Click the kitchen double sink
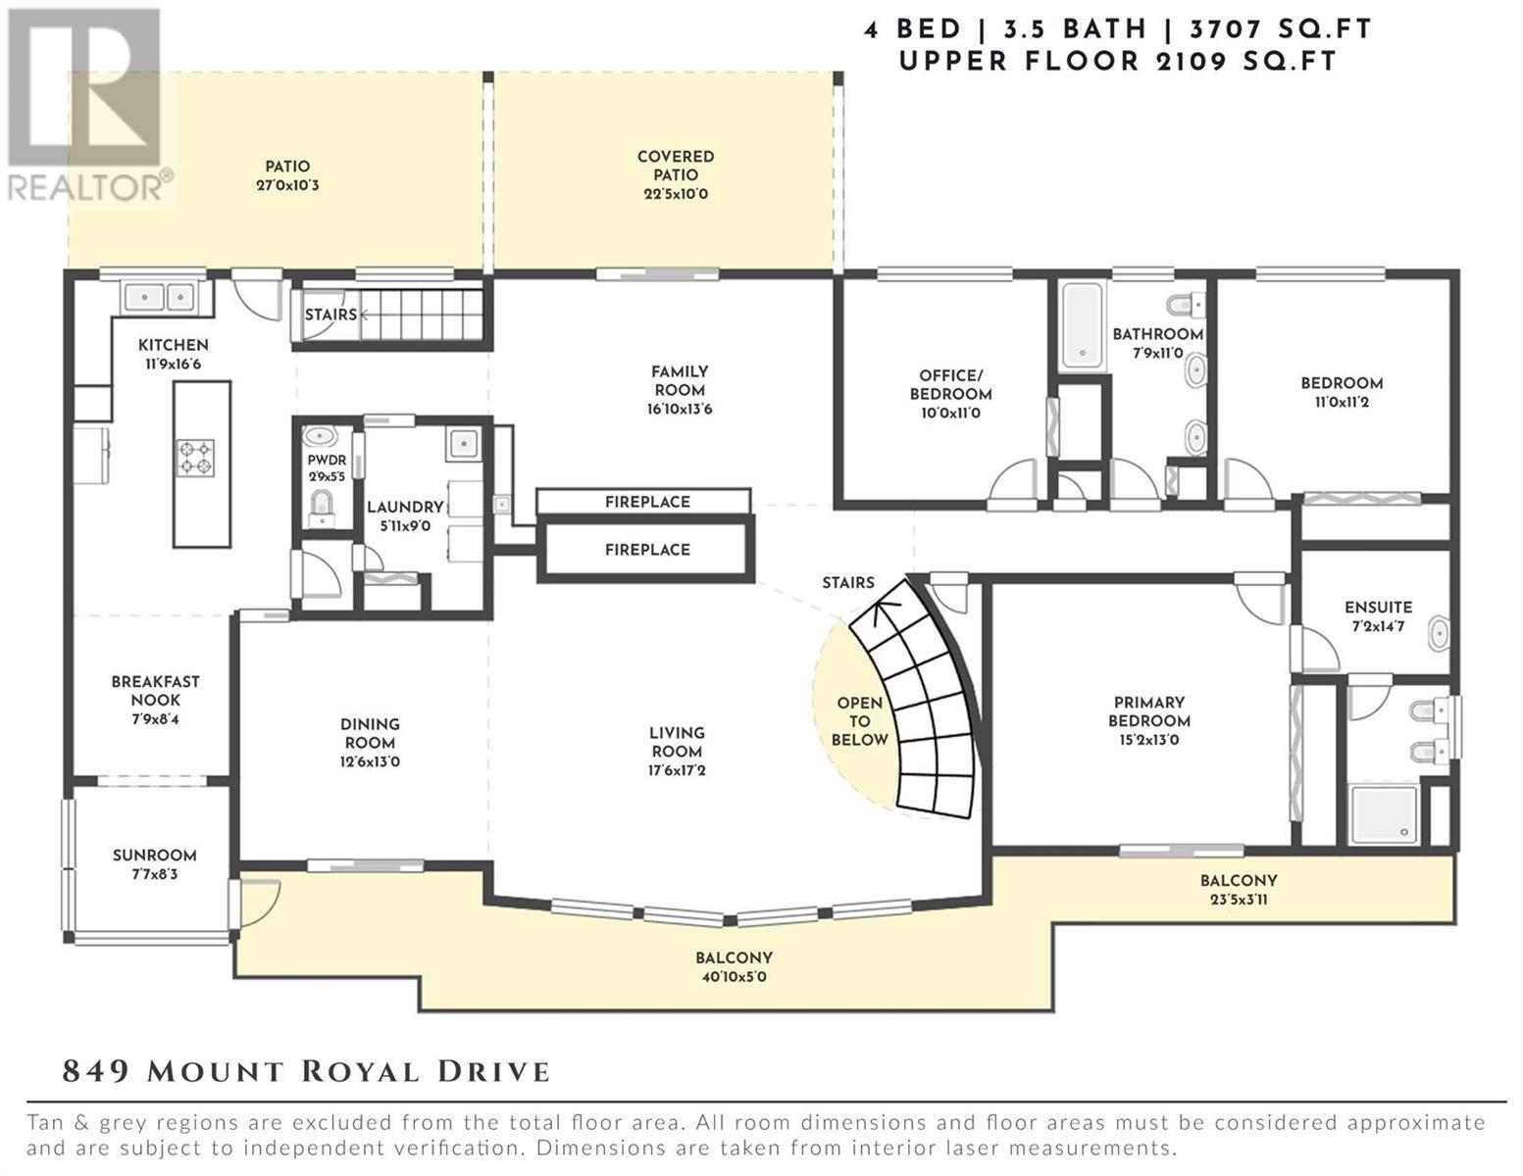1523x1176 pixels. pyautogui.click(x=159, y=297)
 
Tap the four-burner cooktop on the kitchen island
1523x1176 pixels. pyautogui.click(x=195, y=458)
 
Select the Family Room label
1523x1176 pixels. pyautogui.click(x=680, y=380)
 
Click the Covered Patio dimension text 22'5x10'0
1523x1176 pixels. pyautogui.click(x=676, y=194)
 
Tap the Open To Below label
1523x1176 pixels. pyautogui.click(x=859, y=720)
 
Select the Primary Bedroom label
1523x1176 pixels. pyautogui.click(x=1148, y=710)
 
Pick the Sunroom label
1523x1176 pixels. pyautogui.click(x=154, y=855)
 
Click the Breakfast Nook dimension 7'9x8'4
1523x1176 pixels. pyautogui.click(x=156, y=718)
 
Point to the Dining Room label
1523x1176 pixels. pyautogui.click(x=370, y=733)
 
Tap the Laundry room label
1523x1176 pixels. pyautogui.click(x=405, y=507)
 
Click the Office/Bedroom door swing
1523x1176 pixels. pyautogui.click(x=1013, y=480)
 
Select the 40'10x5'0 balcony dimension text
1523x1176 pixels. pyautogui.click(x=734, y=976)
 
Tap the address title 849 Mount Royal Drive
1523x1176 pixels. pyautogui.click(x=306, y=1072)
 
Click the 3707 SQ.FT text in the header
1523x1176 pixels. pyautogui.click(x=1280, y=29)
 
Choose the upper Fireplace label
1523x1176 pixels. pyautogui.click(x=647, y=502)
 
